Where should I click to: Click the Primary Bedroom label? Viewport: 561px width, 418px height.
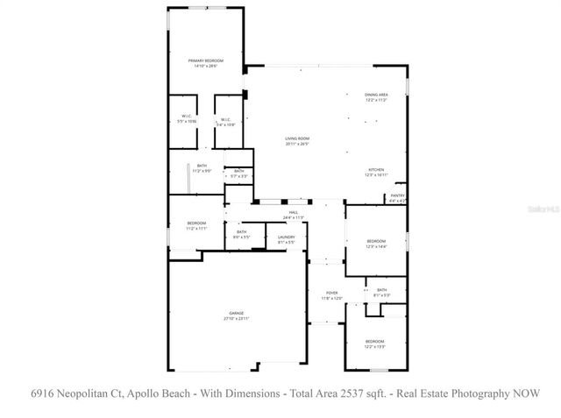202,62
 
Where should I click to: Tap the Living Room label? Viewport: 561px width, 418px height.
298,141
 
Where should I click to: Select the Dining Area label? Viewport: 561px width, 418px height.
376,96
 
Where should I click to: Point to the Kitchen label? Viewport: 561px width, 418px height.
376,172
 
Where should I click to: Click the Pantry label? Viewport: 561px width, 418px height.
397,197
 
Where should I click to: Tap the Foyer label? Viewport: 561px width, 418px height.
331,296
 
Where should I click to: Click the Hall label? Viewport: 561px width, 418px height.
294,215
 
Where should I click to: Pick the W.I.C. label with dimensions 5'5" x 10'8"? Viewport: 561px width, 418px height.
187,118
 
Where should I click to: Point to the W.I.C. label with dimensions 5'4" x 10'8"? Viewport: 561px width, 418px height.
225,122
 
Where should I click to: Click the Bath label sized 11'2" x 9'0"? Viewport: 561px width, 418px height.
202,168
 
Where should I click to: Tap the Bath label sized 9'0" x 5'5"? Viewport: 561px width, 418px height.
241,234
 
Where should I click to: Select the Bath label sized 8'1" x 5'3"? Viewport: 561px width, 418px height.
381,292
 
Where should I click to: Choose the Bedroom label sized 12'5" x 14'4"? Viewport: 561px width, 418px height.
375,243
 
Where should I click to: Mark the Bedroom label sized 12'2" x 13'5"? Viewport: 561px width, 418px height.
374,343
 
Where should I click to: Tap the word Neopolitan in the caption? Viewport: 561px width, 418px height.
92,393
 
